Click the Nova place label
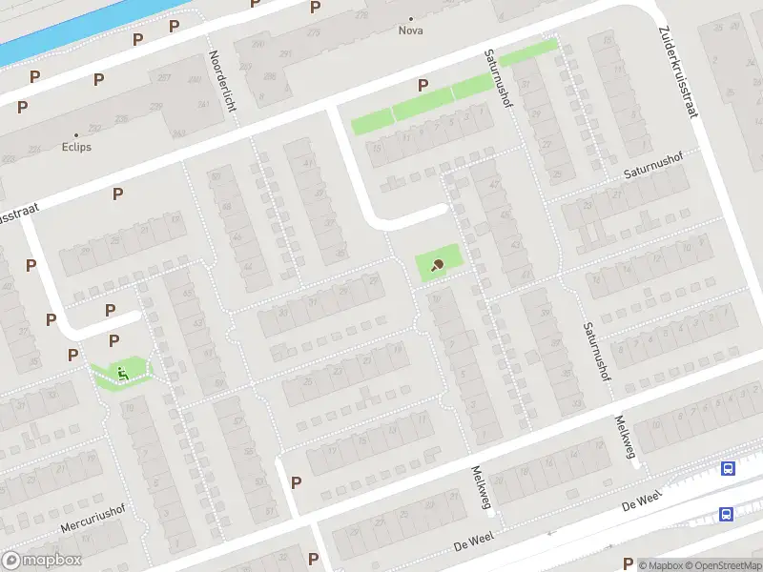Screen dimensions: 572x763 coord(411,31)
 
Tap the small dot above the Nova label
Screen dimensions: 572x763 coord(411,18)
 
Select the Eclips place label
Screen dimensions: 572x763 coord(77,148)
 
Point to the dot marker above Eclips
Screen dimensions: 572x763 coord(77,135)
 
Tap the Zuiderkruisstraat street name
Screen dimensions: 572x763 coord(678,71)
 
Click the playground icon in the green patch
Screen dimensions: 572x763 coord(120,372)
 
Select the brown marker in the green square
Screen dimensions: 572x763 coord(438,265)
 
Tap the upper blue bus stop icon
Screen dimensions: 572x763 coord(729,468)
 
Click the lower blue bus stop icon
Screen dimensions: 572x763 coord(726,514)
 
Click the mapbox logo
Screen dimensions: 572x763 coord(41,561)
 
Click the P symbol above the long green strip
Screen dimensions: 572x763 coord(423,85)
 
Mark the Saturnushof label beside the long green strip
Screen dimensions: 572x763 coord(498,105)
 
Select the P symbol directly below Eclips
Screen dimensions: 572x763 coord(118,194)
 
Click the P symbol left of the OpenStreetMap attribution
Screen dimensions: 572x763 coord(628,563)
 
